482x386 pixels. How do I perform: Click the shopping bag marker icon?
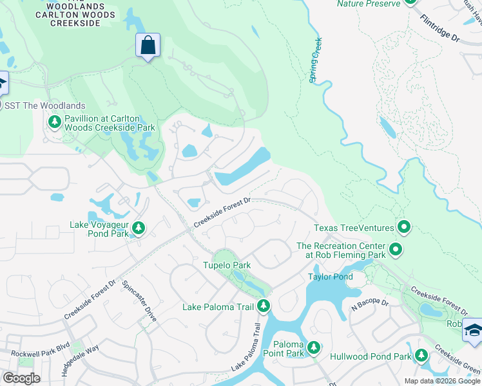[x=148, y=46]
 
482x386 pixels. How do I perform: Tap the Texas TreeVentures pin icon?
[x=404, y=226]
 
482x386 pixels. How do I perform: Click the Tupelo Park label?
[x=226, y=265]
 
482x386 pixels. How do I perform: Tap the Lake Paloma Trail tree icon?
[x=263, y=306]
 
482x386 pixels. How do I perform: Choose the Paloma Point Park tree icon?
[x=313, y=348]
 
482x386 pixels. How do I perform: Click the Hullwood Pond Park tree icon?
[x=421, y=354]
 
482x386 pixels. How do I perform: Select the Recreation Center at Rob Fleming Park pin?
[x=396, y=248]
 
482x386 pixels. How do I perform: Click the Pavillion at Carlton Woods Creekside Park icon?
[x=55, y=122]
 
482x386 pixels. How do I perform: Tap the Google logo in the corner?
[x=22, y=378]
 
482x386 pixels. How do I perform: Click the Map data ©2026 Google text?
[x=441, y=381]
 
